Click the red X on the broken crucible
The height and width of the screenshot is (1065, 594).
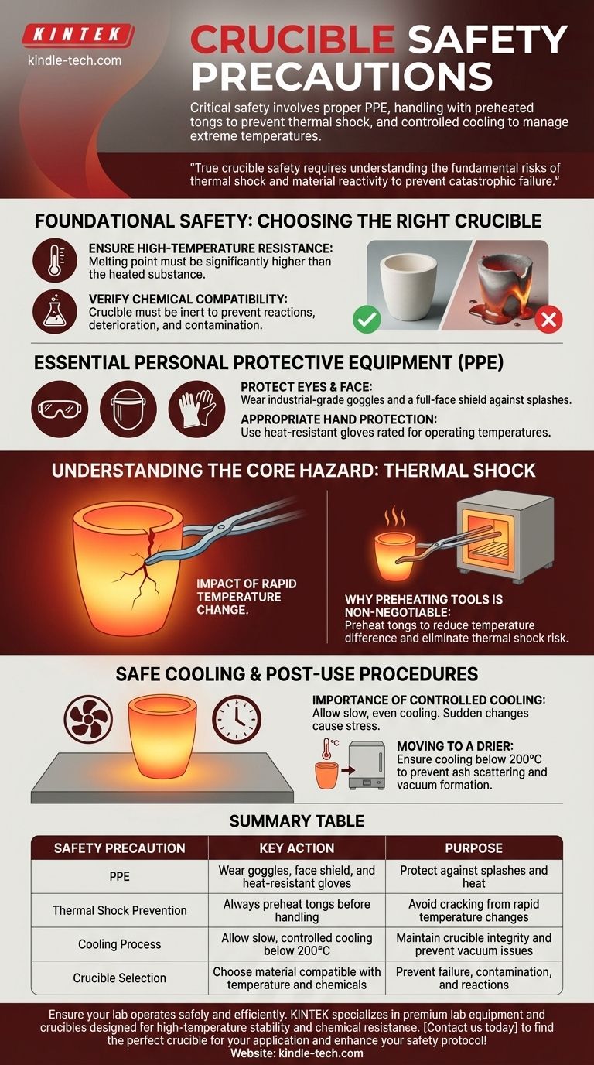coord(548,319)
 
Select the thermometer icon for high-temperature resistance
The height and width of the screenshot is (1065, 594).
coord(54,261)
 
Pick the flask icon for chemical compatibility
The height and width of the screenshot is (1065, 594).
coord(54,312)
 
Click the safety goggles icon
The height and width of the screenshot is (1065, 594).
coord(60,409)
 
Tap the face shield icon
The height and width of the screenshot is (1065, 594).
coord(128,409)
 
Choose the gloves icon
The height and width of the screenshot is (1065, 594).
coord(196,409)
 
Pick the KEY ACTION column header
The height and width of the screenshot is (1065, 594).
coord(297,848)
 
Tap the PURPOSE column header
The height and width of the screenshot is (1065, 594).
coord(473,848)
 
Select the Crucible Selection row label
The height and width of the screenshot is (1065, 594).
coord(120,978)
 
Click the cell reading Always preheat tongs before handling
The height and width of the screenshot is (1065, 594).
coord(297,910)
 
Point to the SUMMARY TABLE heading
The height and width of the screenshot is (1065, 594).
coord(297,820)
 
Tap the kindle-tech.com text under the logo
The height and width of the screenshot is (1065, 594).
coord(74,60)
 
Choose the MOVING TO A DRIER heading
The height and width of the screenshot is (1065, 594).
coord(456,746)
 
